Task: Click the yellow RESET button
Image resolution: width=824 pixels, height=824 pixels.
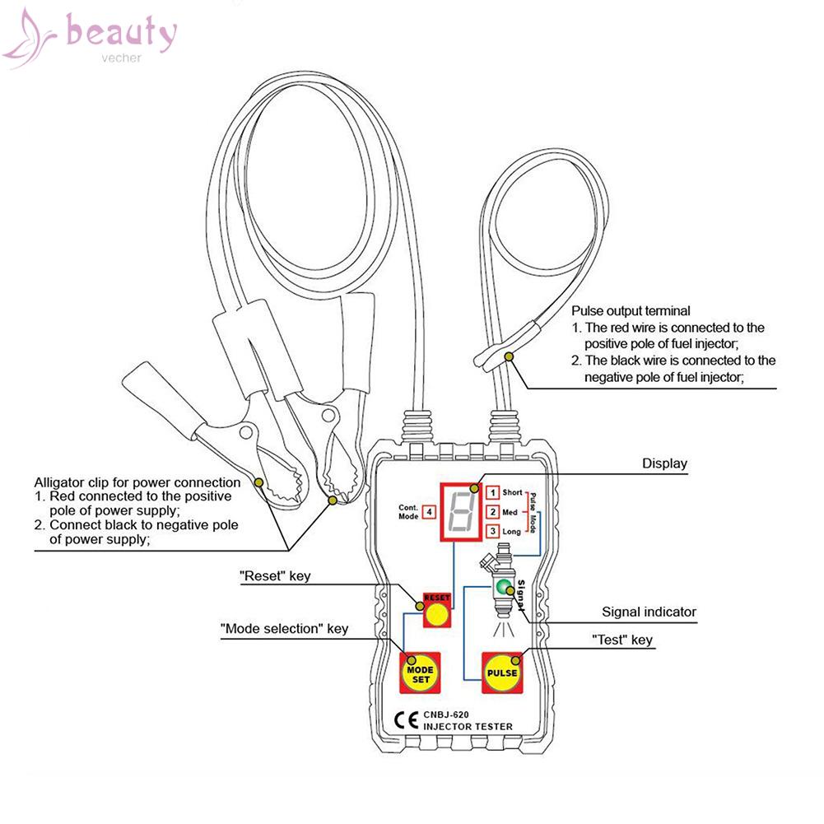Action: click(438, 615)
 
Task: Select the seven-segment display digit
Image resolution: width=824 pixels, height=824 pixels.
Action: click(460, 511)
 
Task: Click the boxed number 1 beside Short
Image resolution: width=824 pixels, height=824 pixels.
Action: click(492, 493)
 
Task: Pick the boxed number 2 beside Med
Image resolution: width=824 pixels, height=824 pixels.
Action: click(492, 512)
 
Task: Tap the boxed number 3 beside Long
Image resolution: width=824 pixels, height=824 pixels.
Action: click(492, 532)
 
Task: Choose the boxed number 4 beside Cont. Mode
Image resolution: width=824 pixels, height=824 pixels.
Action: click(431, 512)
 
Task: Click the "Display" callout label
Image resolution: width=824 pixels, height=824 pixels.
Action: click(663, 464)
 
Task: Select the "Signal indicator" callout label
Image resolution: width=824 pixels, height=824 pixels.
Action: click(649, 612)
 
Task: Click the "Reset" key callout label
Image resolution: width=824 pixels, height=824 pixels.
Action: click(276, 576)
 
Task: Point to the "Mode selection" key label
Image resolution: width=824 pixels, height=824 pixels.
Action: click(284, 629)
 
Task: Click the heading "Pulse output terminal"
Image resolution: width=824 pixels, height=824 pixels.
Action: click(631, 312)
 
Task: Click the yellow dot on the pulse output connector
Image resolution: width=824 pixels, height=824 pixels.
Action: click(510, 356)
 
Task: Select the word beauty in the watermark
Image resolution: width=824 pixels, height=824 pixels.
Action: click(121, 35)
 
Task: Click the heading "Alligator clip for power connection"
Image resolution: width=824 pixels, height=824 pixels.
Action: click(137, 482)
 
